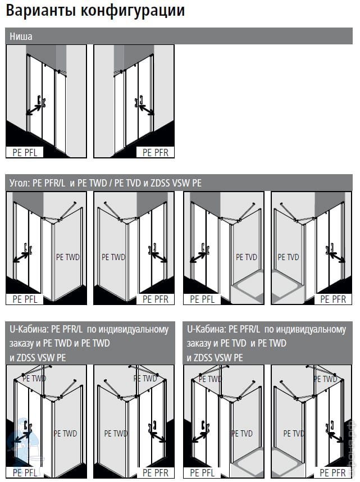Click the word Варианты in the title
40,10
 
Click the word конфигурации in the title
133,11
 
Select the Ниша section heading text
21,37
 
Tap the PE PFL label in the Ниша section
25,152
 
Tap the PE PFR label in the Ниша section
156,152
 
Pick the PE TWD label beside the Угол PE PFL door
68,257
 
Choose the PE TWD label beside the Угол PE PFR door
113,257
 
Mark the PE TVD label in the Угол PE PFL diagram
246,257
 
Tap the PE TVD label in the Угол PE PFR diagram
288,257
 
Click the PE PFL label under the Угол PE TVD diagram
202,299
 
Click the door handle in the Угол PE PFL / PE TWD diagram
28,249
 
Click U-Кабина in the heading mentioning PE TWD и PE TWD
29,330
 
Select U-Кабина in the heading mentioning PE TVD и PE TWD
206,330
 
